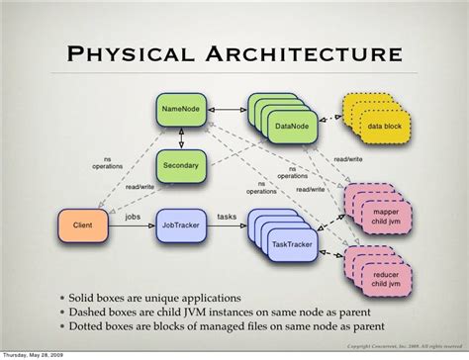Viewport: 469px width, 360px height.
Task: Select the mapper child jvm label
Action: (381, 216)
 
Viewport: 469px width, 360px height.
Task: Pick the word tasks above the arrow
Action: (227, 215)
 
